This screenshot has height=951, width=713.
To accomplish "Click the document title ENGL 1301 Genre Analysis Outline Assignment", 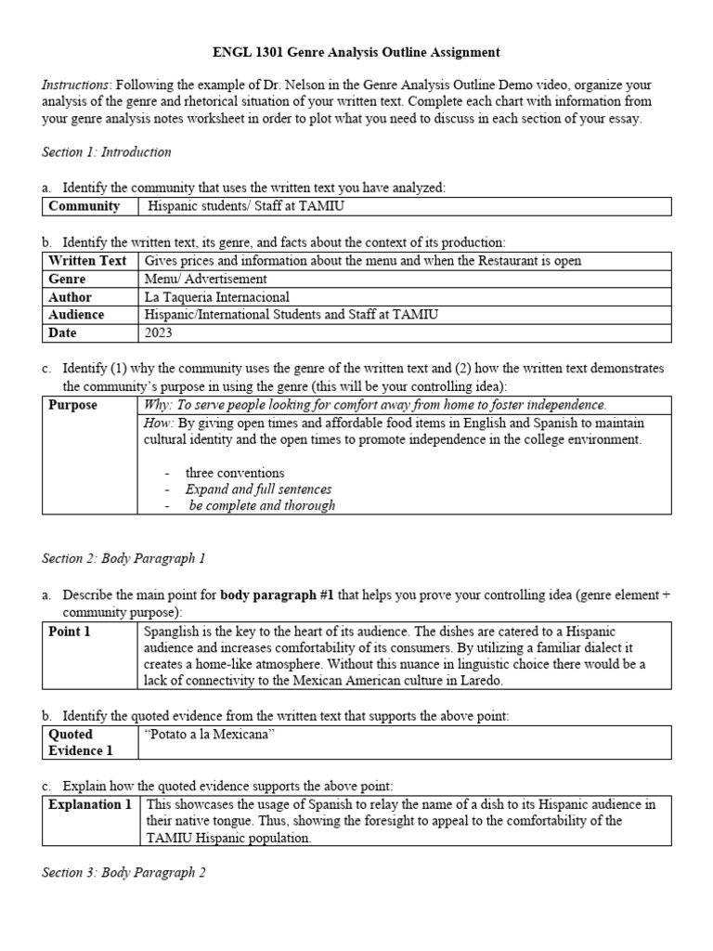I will click(356, 53).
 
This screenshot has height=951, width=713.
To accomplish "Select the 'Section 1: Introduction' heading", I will click(107, 151).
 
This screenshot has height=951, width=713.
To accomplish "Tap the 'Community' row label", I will click(84, 206).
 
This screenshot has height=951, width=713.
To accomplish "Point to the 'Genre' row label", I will click(67, 279).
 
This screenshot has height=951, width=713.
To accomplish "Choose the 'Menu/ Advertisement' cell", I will click(206, 279).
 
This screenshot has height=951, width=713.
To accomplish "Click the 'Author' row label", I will click(70, 297).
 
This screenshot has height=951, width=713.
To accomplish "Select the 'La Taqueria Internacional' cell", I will click(216, 297).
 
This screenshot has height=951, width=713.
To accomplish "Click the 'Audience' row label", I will click(76, 315).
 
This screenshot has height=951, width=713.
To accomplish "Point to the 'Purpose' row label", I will click(72, 405).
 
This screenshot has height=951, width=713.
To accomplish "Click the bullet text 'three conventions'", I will click(235, 473).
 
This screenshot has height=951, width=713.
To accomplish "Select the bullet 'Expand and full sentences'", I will click(258, 489).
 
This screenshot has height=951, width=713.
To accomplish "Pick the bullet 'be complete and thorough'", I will click(262, 506).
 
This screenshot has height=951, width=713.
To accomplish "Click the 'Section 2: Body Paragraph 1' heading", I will click(123, 558).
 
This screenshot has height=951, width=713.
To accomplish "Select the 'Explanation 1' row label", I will click(90, 804).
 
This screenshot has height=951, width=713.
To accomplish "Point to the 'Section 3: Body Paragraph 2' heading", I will click(123, 873).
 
